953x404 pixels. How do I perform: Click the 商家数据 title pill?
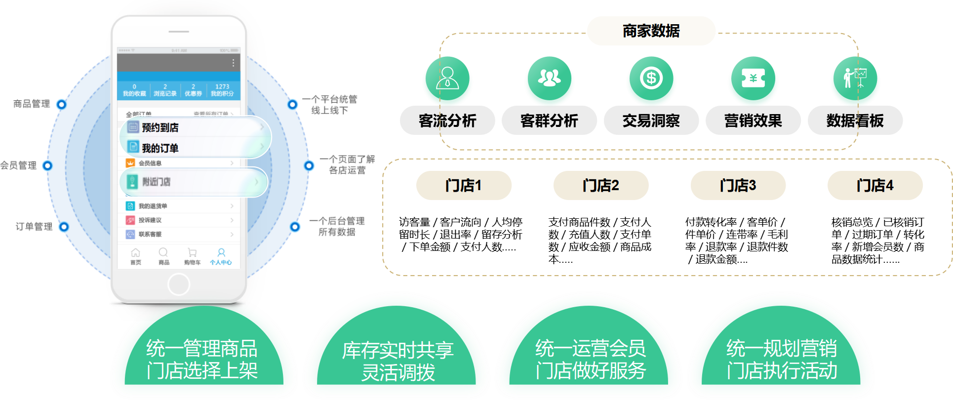point(651,31)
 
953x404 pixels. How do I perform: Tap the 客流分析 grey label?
point(447,121)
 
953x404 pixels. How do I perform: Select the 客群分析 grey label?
point(549,121)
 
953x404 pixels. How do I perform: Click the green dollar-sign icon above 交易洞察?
point(651,79)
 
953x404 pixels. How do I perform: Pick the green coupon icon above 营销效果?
point(753,79)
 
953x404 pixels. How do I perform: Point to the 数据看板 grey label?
point(855,121)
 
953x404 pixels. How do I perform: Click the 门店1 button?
point(464,186)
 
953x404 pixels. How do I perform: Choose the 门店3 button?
point(738,186)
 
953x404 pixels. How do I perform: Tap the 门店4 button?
point(875,186)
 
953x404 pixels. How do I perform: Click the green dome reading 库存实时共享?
point(397,361)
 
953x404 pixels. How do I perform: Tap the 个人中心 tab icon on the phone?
point(221,255)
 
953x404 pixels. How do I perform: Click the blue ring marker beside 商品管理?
point(62,104)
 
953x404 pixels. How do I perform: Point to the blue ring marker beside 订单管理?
point(64,227)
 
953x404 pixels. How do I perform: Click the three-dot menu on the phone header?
point(233,63)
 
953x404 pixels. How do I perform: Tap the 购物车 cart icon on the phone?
point(192,255)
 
